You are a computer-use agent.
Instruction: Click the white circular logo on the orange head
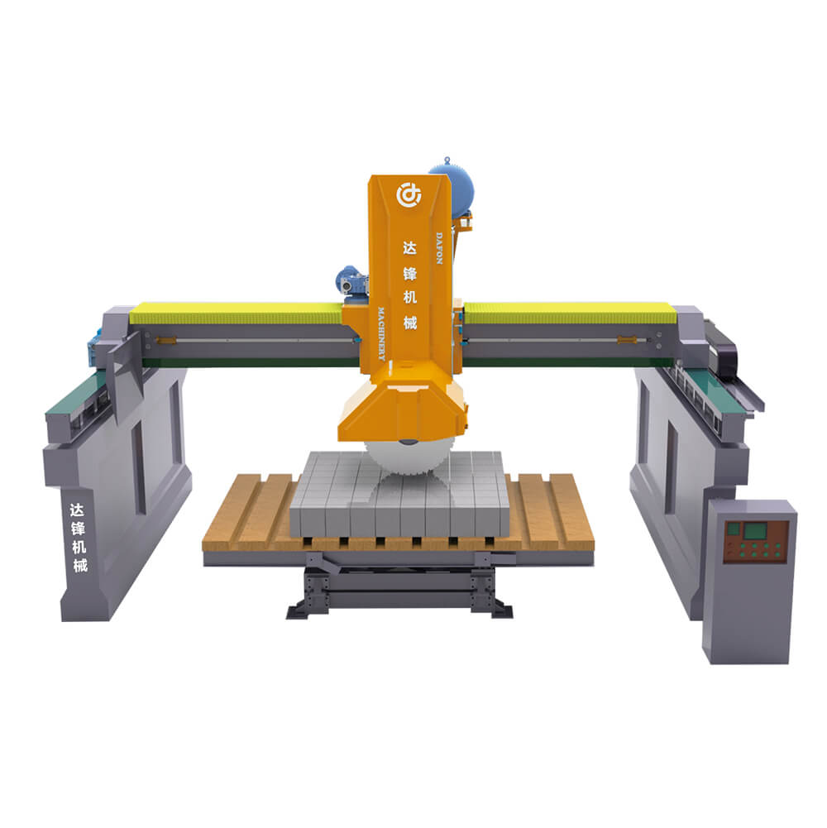[x=409, y=194]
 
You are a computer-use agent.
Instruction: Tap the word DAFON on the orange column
[x=439, y=247]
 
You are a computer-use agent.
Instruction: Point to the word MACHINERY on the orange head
[x=381, y=333]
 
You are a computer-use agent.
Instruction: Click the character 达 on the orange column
[x=410, y=247]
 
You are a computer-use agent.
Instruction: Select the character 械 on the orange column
[x=410, y=322]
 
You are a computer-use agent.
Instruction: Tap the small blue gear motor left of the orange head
[x=351, y=282]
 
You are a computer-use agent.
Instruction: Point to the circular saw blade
[x=407, y=457]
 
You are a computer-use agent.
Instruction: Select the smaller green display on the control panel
[x=733, y=529]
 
